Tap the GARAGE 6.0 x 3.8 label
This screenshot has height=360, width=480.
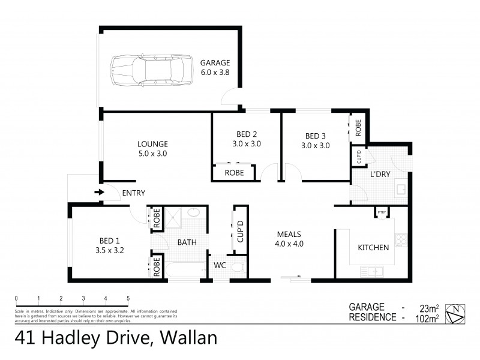tap(215, 67)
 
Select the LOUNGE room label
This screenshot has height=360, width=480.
tap(152, 149)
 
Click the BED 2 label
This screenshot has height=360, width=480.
tap(247, 139)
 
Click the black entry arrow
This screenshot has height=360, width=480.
tap(99, 193)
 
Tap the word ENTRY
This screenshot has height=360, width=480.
tap(133, 193)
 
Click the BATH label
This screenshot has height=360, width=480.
tap(187, 243)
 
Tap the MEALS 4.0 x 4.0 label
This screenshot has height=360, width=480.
tap(289, 239)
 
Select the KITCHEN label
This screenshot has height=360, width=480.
tap(374, 247)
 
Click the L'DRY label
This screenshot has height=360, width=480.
tap(380, 174)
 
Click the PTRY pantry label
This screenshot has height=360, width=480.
tap(380, 212)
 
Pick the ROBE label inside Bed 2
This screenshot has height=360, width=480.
tap(234, 173)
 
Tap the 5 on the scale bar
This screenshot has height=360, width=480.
tap(128, 298)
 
